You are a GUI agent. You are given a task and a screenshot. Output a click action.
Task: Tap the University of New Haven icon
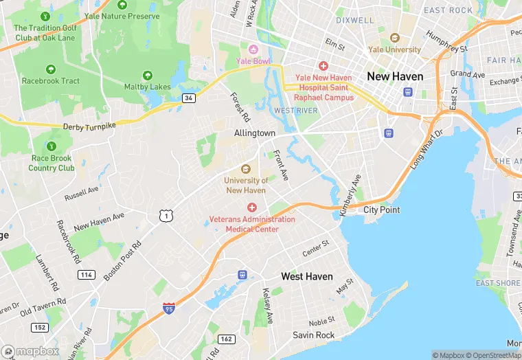(x=245, y=169)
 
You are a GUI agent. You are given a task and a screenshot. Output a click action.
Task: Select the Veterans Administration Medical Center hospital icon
(x=252, y=207)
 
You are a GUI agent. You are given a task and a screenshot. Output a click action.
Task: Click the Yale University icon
(x=394, y=38)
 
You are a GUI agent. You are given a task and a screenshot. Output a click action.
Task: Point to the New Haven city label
(x=395, y=76)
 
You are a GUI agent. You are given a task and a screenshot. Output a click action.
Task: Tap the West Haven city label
(x=307, y=276)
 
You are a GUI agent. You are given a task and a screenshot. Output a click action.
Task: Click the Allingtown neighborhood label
(x=254, y=133)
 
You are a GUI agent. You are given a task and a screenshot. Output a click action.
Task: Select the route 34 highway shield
(x=189, y=98)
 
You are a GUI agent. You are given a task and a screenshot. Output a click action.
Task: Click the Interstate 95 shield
(x=169, y=308)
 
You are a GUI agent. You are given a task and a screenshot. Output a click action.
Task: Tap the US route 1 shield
(x=165, y=216)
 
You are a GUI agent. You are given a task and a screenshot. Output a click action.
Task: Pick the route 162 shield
(x=226, y=339)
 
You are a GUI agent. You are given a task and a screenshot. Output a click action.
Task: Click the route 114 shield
(x=86, y=275)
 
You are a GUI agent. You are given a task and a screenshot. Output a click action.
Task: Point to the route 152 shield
(x=40, y=328)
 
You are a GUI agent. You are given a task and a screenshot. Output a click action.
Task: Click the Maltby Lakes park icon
(x=147, y=76)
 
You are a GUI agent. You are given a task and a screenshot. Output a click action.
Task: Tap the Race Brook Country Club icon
(x=51, y=146)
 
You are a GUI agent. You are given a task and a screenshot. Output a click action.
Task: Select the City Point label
(x=381, y=210)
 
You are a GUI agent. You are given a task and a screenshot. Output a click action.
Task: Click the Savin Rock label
(x=313, y=335)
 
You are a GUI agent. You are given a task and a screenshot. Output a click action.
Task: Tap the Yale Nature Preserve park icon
(x=122, y=5)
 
